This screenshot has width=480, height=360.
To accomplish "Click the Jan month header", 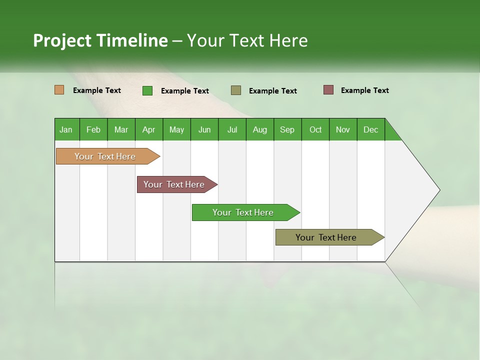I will [x=66, y=129].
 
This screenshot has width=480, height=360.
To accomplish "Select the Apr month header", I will [x=149, y=129].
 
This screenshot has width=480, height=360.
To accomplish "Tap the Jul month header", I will [x=232, y=129].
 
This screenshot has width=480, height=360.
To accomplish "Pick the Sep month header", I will [x=287, y=129].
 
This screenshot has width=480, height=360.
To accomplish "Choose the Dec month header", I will [x=370, y=129].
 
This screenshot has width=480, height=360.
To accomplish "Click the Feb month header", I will [x=93, y=129].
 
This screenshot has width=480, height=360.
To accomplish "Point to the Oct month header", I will [x=315, y=129].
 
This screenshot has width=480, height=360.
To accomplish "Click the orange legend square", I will [x=59, y=90].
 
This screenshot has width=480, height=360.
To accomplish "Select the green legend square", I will [x=147, y=90].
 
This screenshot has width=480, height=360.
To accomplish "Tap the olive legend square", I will [x=236, y=90].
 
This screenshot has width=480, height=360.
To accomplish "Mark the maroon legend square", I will [x=328, y=90].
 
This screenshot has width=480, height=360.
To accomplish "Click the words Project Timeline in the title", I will [x=100, y=40].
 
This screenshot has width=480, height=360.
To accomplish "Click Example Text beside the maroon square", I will [x=365, y=90].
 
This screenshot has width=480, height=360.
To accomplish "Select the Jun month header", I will [x=204, y=129].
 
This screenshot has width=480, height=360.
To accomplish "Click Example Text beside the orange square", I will [x=97, y=90].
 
